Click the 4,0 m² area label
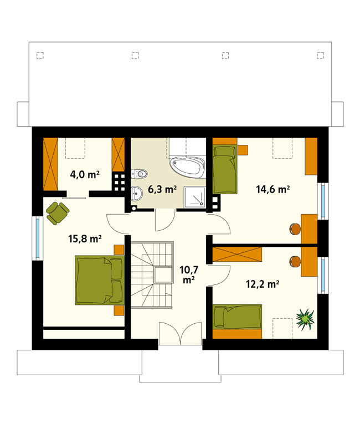85,174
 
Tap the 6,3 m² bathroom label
162,189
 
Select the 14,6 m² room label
272,189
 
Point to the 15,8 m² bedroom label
85,239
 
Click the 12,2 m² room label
263,284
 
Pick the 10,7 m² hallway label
189,274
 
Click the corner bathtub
187,167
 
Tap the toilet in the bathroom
139,173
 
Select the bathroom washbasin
137,194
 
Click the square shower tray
195,197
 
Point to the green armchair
58,213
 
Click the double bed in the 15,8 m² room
100,280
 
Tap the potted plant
306,319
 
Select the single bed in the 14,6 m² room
225,169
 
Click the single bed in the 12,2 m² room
237,317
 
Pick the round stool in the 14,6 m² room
295,229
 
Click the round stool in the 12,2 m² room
295,262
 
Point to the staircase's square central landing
163,275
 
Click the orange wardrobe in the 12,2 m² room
237,254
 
